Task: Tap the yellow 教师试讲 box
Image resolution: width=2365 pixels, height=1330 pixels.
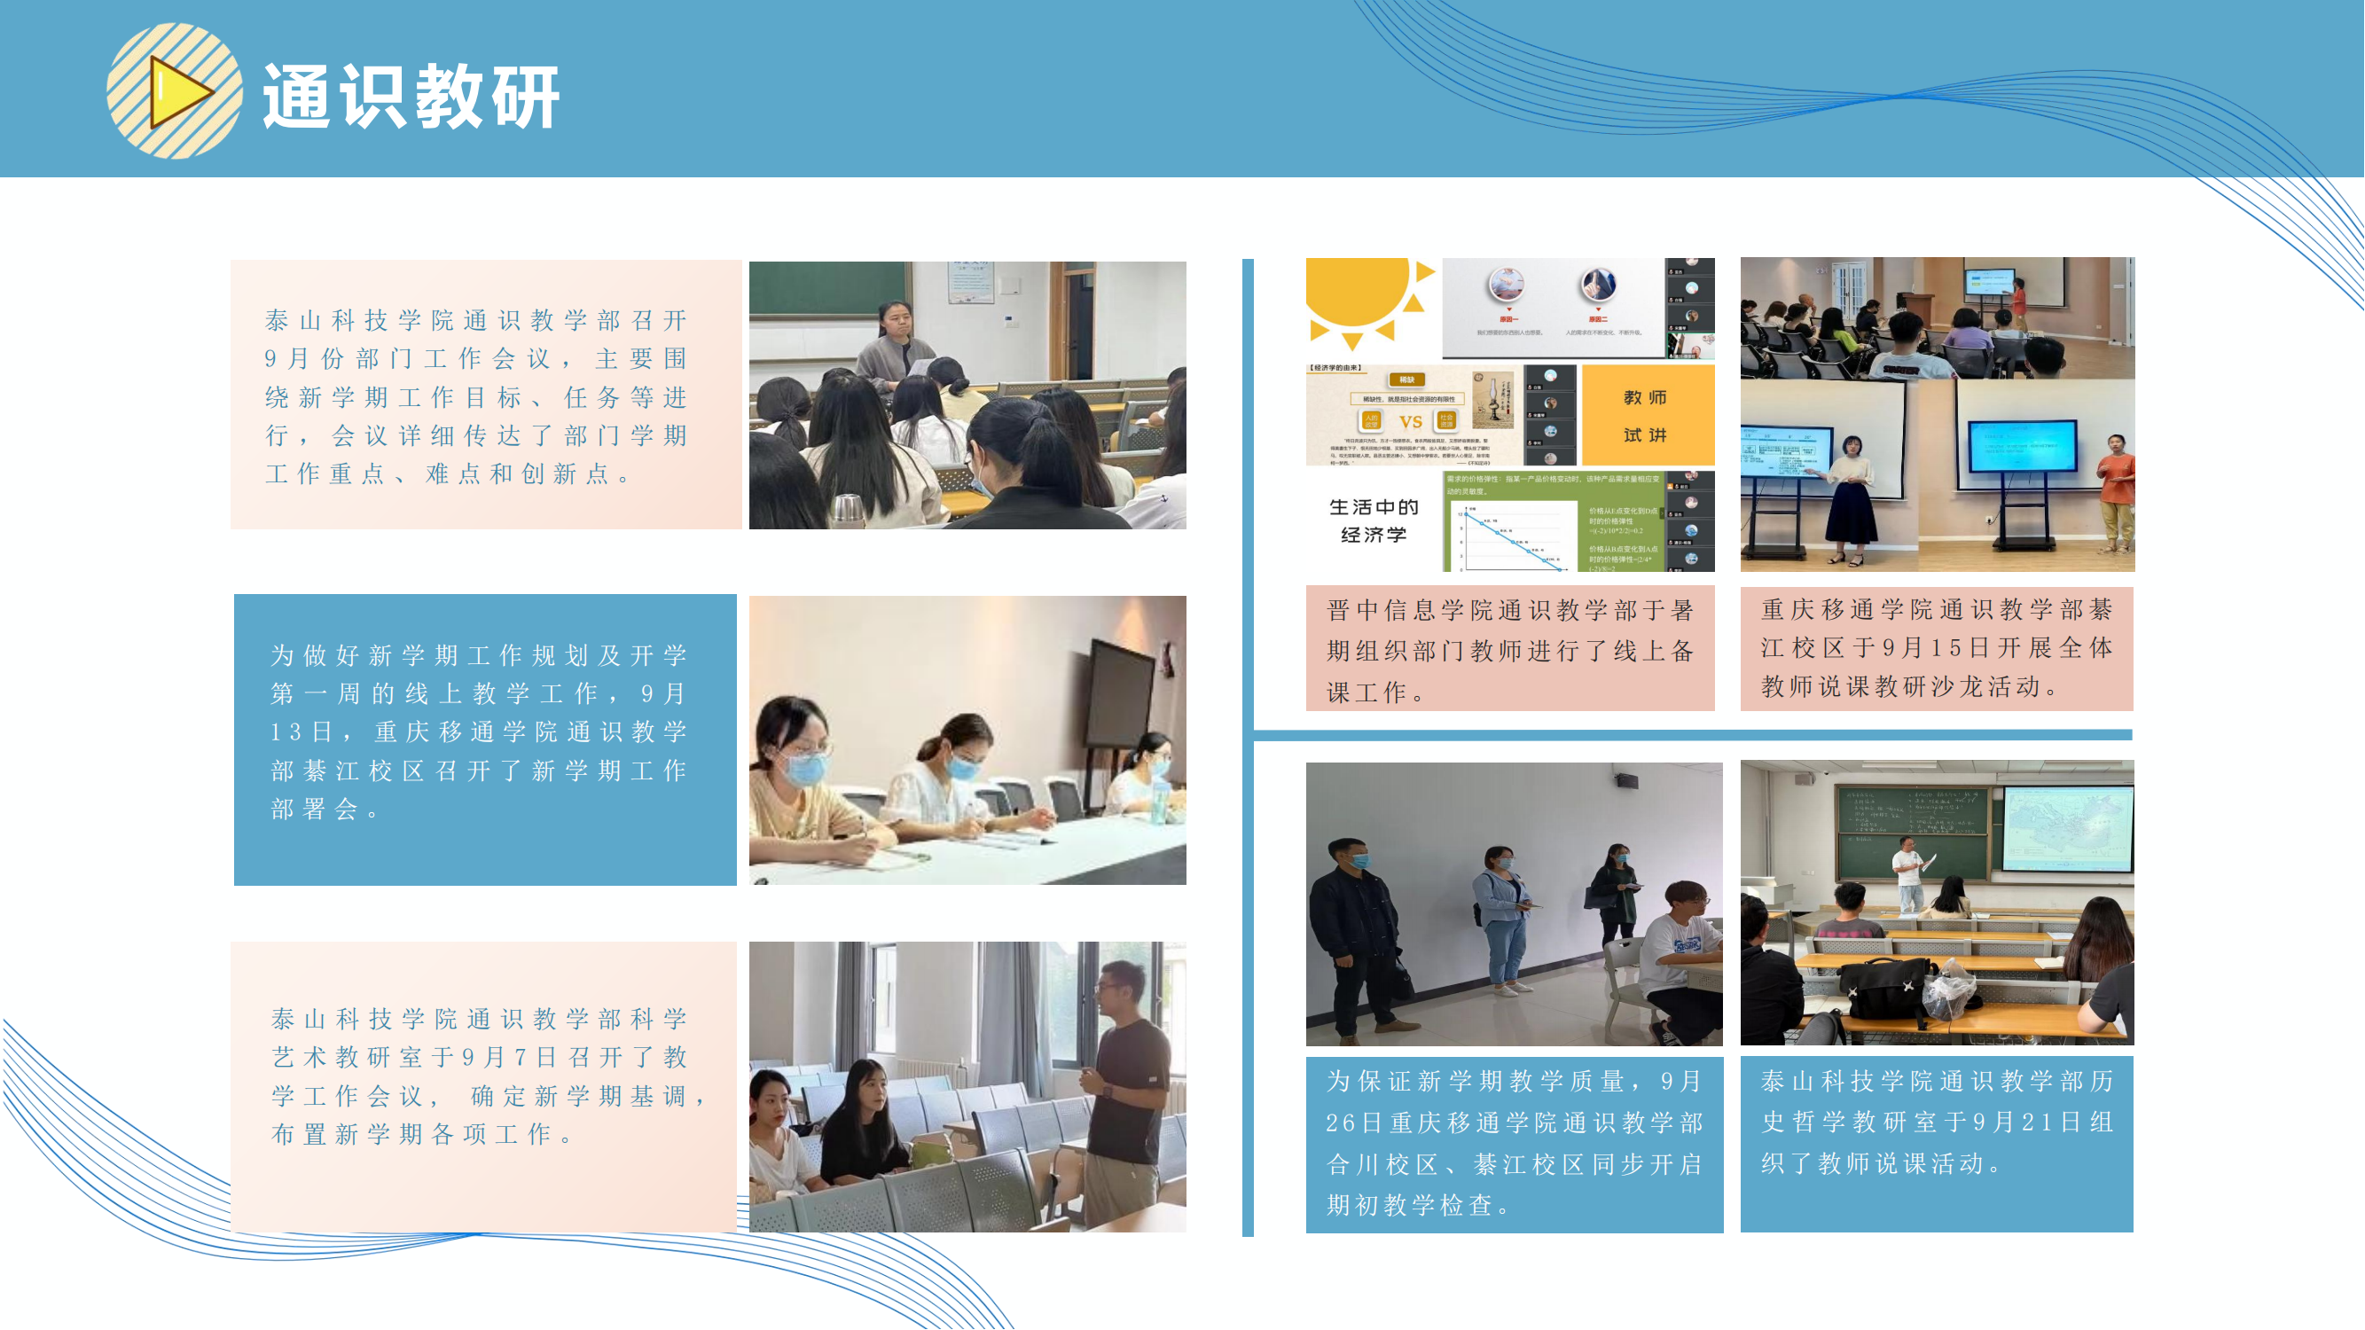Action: (x=1646, y=416)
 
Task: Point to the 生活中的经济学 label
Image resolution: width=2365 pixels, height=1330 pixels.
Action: (x=1374, y=520)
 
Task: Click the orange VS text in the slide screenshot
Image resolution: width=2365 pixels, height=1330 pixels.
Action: (x=1410, y=422)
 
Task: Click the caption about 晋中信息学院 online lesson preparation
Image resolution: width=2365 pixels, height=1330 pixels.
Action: (x=1509, y=650)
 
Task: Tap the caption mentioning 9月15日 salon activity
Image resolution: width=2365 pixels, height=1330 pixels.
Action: (x=1937, y=648)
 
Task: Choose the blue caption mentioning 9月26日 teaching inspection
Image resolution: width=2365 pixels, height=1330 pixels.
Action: (x=1514, y=1143)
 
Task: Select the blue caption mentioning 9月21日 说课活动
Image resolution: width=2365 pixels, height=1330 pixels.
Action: (x=1937, y=1123)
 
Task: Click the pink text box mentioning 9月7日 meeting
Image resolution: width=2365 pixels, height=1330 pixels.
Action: (x=484, y=1077)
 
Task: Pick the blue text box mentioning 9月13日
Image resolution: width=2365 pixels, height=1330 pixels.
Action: (x=484, y=732)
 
